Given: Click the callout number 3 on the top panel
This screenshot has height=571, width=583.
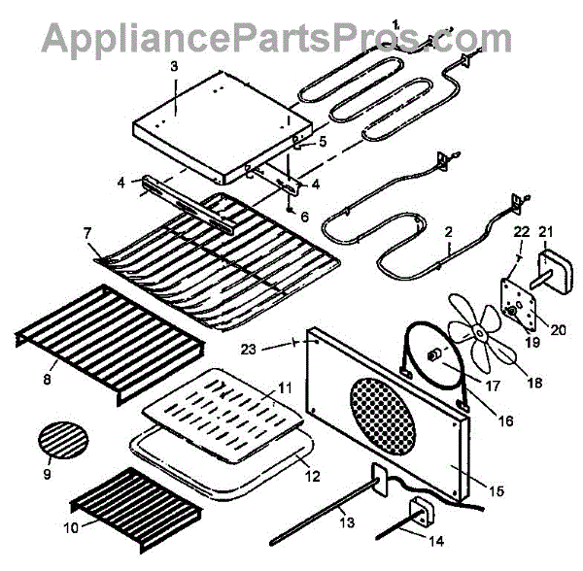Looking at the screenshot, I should coord(174,66).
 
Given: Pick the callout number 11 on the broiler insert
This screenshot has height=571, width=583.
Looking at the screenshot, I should coord(286,386).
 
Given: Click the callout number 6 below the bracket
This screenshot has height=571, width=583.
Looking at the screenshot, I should coord(304,217).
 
